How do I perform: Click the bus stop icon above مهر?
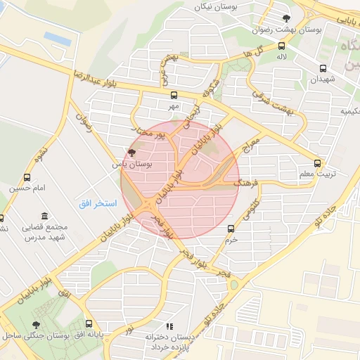tap(174, 94)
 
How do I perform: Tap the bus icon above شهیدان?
tap(323, 68)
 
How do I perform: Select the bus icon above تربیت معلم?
tap(320, 162)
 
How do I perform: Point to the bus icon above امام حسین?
tap(27, 177)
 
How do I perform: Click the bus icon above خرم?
tap(231, 229)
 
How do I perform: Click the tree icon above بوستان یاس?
tap(131, 152)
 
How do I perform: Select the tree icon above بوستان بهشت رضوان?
tap(285, 19)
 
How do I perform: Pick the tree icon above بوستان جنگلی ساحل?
tap(36, 325)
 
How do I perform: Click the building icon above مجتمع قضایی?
tap(45, 215)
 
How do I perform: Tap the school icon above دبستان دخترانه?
tap(169, 326)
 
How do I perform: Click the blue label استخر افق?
tap(92, 203)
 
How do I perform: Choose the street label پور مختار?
tap(150, 131)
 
